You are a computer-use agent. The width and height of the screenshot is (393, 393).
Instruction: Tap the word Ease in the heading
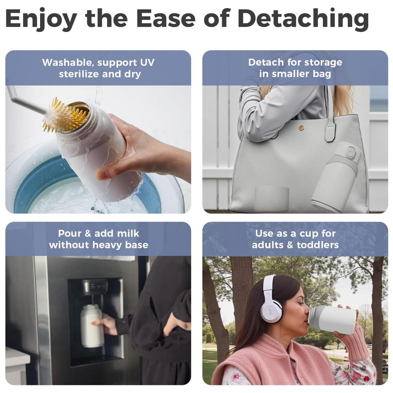click(166, 18)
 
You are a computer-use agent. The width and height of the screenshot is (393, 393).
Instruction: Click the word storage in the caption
click(322, 62)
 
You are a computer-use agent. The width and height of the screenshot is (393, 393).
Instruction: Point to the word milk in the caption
click(128, 233)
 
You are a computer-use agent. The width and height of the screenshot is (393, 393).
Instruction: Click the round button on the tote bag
click(301, 128)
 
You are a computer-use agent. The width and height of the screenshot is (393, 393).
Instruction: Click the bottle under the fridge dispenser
click(91, 326)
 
